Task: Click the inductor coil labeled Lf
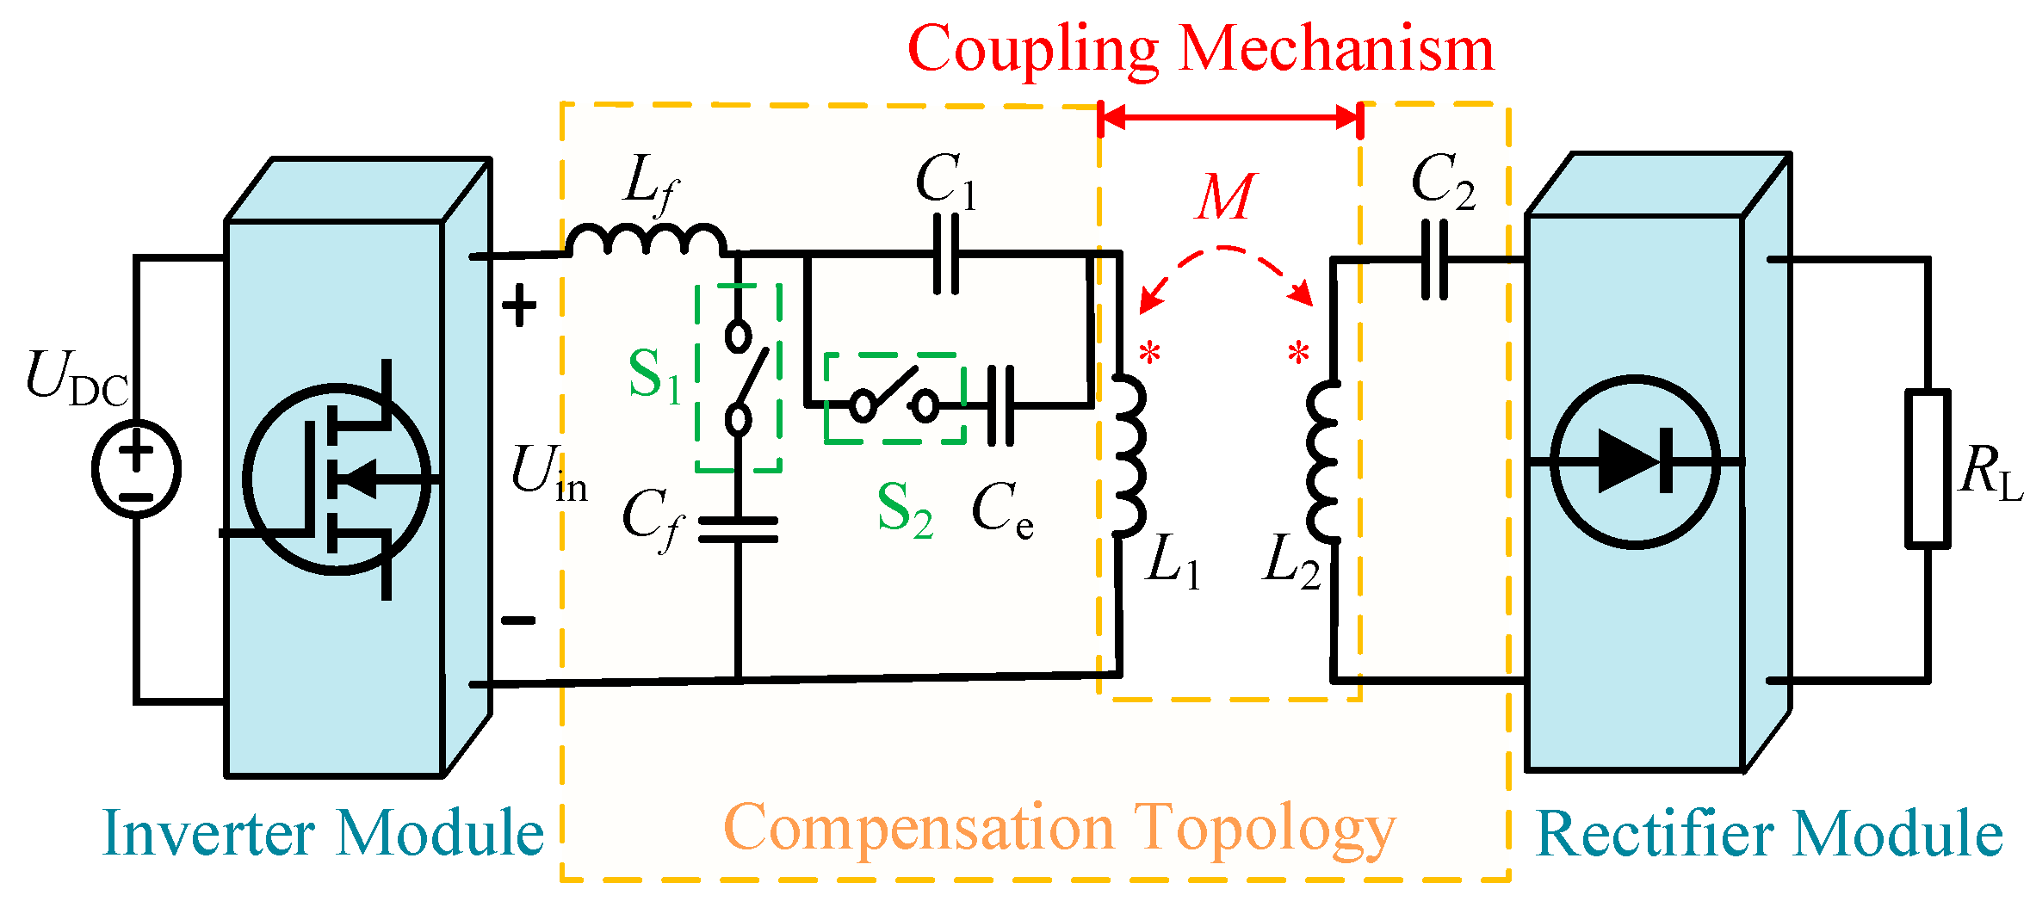(x=646, y=239)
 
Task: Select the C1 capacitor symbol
(x=946, y=254)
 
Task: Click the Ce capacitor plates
(x=1000, y=405)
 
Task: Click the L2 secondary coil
(x=1323, y=460)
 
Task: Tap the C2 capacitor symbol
(x=1434, y=260)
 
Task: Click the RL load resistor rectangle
(x=1927, y=469)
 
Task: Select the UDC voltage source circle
(x=136, y=469)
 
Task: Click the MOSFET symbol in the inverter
(x=337, y=479)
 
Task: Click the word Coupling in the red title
(x=1033, y=50)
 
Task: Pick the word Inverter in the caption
(x=209, y=833)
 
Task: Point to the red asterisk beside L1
(x=1150, y=353)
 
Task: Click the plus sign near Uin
(x=519, y=306)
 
